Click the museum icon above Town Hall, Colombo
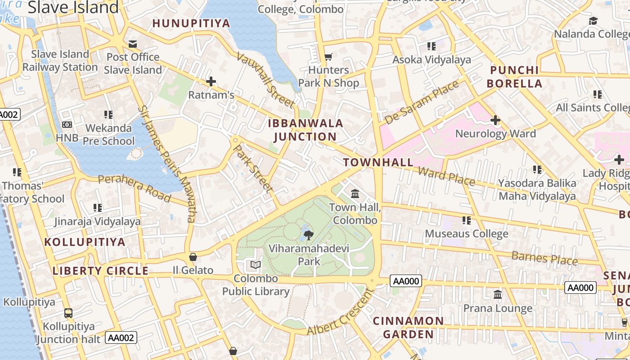(x=355, y=193)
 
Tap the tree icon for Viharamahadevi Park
(x=309, y=234)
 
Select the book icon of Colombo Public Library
(x=256, y=265)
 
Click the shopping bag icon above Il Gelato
(x=193, y=257)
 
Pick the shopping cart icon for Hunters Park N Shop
(x=328, y=57)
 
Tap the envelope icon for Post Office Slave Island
(x=133, y=44)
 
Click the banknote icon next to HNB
(x=67, y=125)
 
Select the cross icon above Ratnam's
(x=211, y=81)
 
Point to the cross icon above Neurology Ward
(x=495, y=120)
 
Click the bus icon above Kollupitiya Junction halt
(x=68, y=313)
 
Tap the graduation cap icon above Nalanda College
(x=594, y=21)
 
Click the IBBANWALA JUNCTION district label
(x=306, y=130)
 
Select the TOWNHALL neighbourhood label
(x=378, y=162)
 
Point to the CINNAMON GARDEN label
(x=408, y=328)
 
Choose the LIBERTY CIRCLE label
(x=100, y=271)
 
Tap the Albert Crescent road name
(x=341, y=312)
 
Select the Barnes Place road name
(x=544, y=258)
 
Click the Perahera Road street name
(x=135, y=188)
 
